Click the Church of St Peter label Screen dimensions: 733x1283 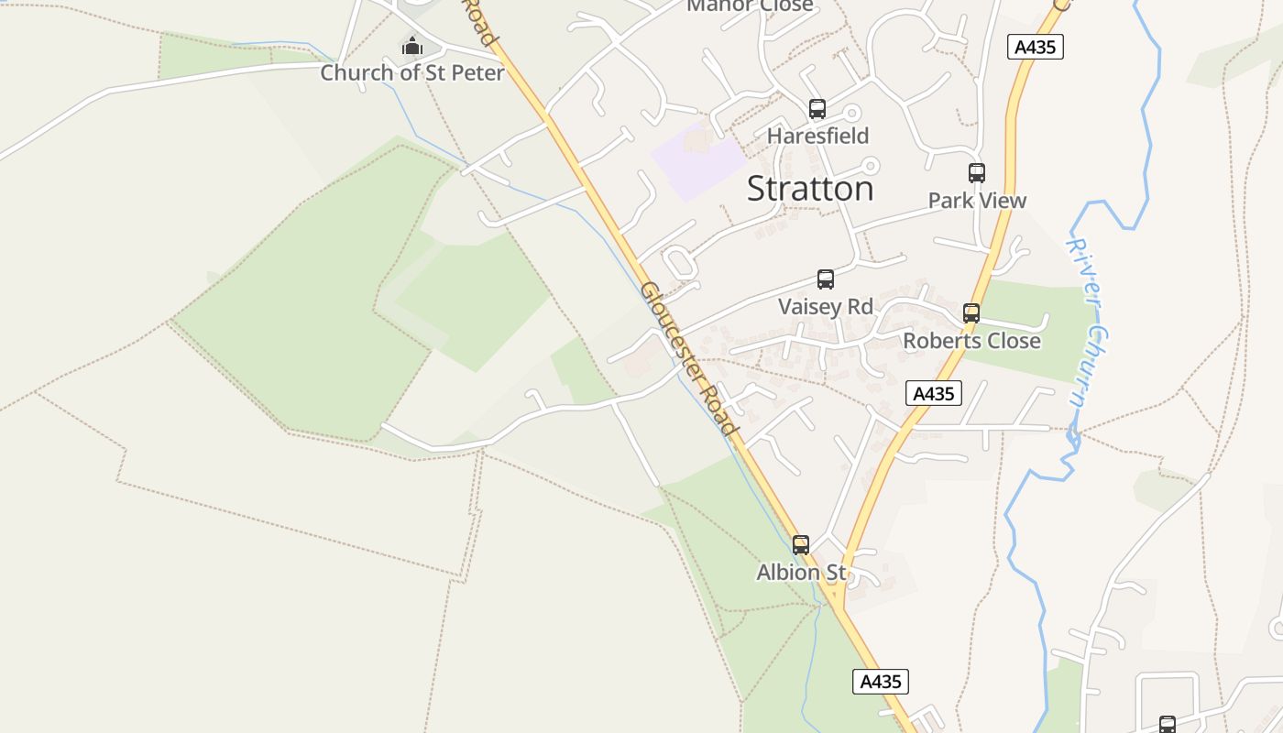pyautogui.click(x=412, y=72)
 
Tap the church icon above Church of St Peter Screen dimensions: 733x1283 pyautogui.click(x=412, y=45)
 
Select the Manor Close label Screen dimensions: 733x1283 pyautogui.click(x=750, y=5)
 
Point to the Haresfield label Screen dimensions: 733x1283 pyautogui.click(x=817, y=136)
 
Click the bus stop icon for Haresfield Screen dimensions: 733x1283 pyautogui.click(x=817, y=109)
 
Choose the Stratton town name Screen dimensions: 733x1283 pyautogui.click(x=810, y=189)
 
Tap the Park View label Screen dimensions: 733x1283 pyautogui.click(x=977, y=200)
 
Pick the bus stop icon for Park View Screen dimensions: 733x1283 pyautogui.click(x=977, y=173)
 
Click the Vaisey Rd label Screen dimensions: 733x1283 pyautogui.click(x=826, y=306)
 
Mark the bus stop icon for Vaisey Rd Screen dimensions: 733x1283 pyautogui.click(x=826, y=279)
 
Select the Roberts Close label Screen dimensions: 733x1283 pyautogui.click(x=971, y=341)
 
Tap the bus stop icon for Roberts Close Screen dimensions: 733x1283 pyautogui.click(x=971, y=313)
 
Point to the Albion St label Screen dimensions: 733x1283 pyautogui.click(x=801, y=573)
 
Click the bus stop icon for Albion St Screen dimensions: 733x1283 pyautogui.click(x=801, y=545)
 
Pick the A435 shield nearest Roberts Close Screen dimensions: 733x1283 pyautogui.click(x=935, y=394)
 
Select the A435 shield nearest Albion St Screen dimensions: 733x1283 pyautogui.click(x=881, y=682)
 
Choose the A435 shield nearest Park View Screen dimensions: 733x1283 pyautogui.click(x=1036, y=47)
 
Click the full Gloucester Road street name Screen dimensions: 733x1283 pyautogui.click(x=688, y=358)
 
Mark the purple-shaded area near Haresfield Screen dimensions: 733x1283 pyautogui.click(x=698, y=161)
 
